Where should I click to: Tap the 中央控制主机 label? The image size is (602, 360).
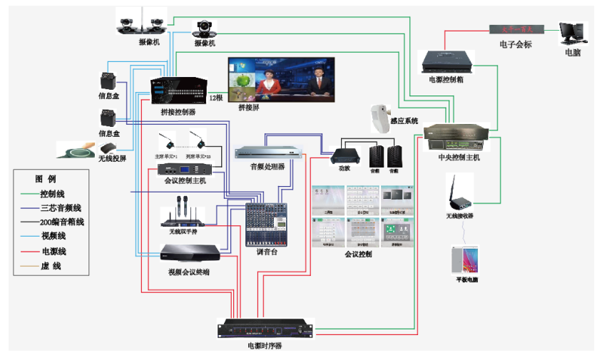(459, 158)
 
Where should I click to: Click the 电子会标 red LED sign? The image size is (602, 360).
(516, 30)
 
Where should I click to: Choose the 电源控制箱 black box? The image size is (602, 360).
(446, 61)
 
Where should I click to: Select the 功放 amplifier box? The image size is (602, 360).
(344, 155)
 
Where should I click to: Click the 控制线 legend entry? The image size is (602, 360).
(53, 193)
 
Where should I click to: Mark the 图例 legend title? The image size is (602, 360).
(46, 178)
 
